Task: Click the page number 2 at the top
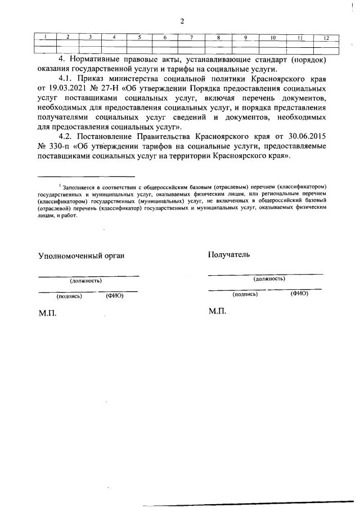pos(182,21)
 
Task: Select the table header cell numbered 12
pos(326,38)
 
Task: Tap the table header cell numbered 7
pos(191,38)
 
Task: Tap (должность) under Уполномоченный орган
pos(85,280)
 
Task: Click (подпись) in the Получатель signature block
pos(245,294)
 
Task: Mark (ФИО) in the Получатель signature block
pos(299,293)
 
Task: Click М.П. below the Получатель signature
pos(217,311)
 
